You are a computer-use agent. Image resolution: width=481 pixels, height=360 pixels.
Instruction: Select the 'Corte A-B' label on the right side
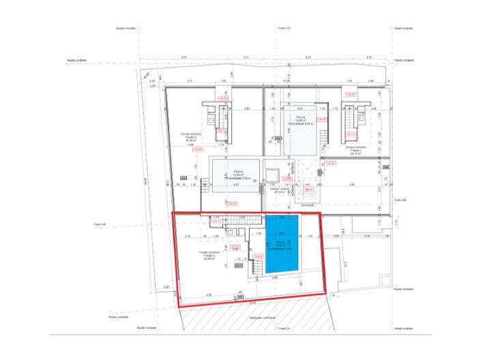click(x=400, y=200)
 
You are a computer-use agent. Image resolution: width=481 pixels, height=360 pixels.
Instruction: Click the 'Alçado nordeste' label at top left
click(x=128, y=29)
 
